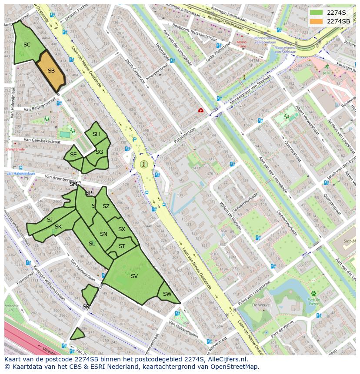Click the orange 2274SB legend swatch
tap(317, 21)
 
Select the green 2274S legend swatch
tap(317, 12)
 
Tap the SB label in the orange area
tap(51, 71)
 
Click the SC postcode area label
tap(27, 45)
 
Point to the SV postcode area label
tap(134, 276)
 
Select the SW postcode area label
tap(167, 294)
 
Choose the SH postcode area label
tap(96, 134)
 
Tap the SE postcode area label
tap(73, 155)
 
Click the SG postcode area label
tap(99, 152)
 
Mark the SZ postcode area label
tap(106, 206)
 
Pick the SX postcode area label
tap(122, 229)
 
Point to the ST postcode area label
tap(122, 246)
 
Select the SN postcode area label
tap(103, 234)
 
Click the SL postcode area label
tap(92, 244)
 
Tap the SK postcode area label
tap(58, 227)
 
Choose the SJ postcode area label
tap(50, 220)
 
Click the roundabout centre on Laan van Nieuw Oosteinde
tap(144, 164)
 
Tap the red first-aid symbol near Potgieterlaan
tap(200, 110)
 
